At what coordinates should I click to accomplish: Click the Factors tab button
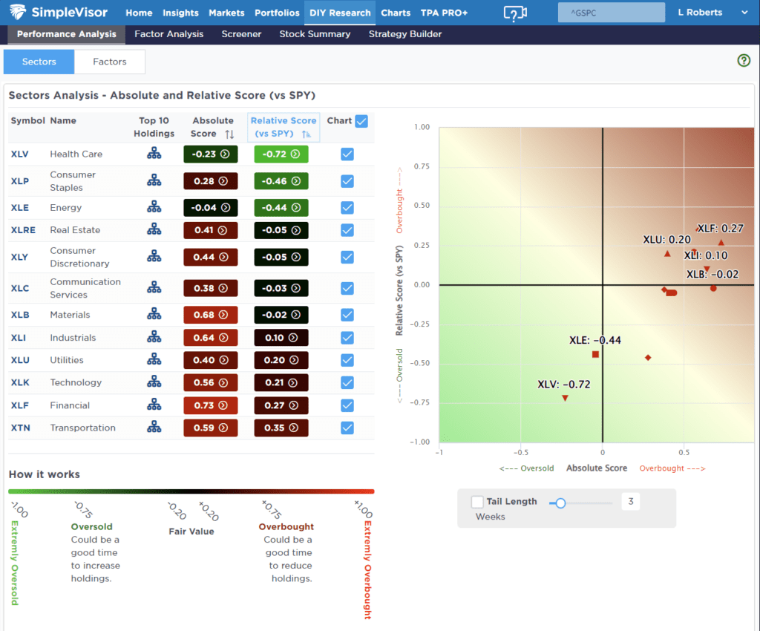pos(110,62)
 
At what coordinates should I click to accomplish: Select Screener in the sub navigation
pos(241,34)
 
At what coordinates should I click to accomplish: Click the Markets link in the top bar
pos(226,13)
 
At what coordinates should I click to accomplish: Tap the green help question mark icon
pos(744,61)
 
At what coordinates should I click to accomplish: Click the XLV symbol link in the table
pos(20,154)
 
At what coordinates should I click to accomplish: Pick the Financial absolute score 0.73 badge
pos(211,405)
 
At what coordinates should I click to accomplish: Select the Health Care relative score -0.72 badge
pos(281,154)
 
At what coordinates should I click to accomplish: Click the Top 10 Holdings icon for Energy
pos(154,208)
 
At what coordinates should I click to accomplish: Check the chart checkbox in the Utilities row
pos(347,360)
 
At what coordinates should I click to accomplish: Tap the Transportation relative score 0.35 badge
pos(281,428)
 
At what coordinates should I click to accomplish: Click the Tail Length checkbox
pos(477,503)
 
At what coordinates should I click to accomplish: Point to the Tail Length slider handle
pos(560,503)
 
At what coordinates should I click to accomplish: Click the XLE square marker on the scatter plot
pos(595,355)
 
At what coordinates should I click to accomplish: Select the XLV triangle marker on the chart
pos(565,399)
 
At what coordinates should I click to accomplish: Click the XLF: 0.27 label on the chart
pos(721,229)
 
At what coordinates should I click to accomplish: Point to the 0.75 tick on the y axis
pos(421,166)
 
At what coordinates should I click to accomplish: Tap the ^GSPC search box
pos(611,13)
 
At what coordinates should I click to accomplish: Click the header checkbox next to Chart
pos(361,121)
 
